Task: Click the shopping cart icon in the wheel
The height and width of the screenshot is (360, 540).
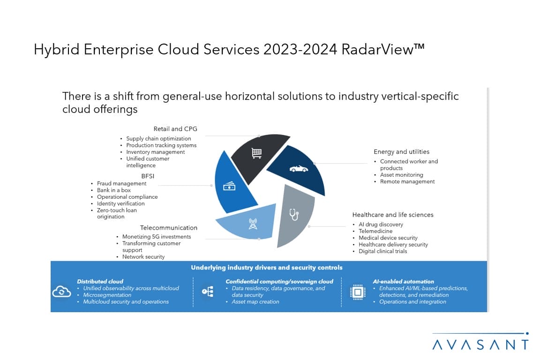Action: (x=256, y=152)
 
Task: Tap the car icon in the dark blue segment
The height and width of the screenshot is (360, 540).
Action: (x=299, y=169)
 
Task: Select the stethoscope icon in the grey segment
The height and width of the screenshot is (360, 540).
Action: (x=294, y=215)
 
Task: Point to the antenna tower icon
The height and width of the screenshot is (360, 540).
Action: (x=253, y=224)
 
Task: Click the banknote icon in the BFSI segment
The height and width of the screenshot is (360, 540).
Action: (x=229, y=186)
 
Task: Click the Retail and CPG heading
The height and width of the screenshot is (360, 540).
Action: (x=175, y=129)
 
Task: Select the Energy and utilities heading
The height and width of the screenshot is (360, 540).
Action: (x=401, y=152)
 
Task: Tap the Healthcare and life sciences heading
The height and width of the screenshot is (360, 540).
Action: (x=393, y=215)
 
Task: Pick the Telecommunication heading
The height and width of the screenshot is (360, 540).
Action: (x=169, y=228)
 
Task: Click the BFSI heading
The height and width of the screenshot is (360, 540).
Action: (x=148, y=176)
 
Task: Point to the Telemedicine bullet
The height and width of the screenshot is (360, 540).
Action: (x=375, y=231)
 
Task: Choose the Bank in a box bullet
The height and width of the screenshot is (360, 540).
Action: (x=114, y=190)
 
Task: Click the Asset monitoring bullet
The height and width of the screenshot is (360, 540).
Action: (x=402, y=175)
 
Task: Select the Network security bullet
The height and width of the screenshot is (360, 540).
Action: (x=143, y=257)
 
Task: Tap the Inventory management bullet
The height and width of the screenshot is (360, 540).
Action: (x=156, y=152)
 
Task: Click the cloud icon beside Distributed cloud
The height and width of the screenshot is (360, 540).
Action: (x=61, y=292)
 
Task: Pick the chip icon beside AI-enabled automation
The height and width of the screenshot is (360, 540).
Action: (x=358, y=292)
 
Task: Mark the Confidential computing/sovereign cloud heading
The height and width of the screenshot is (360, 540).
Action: (x=279, y=282)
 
